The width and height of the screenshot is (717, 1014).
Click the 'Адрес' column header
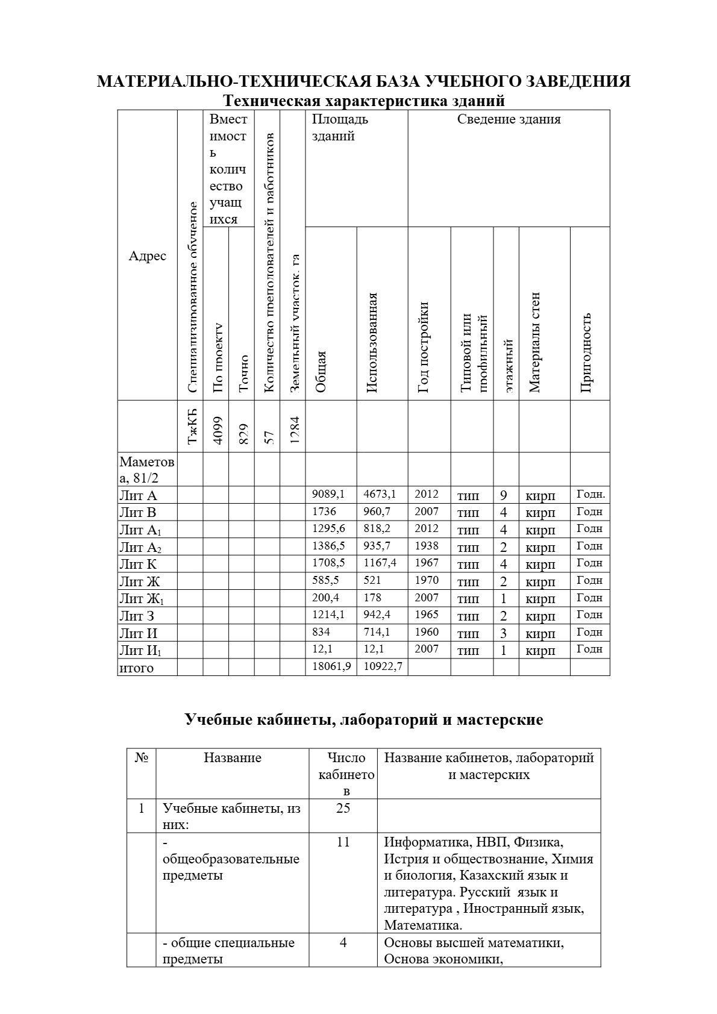click(147, 256)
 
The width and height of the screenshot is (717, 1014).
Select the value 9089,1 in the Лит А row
click(328, 495)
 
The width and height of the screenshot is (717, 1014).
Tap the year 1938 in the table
click(427, 546)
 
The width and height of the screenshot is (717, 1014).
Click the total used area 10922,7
click(382, 666)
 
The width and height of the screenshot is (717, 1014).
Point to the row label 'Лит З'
click(137, 616)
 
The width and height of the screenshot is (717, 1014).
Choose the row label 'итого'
click(136, 668)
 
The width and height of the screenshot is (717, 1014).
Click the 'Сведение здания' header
click(509, 119)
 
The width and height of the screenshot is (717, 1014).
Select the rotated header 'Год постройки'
click(424, 347)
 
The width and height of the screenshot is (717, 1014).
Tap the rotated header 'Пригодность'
click(586, 352)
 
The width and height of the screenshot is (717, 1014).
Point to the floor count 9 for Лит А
click(503, 496)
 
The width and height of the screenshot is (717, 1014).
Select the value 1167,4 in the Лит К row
click(381, 563)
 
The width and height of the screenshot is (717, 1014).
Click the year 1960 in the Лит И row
click(427, 632)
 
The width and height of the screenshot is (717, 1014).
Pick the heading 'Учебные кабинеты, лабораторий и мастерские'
click(363, 719)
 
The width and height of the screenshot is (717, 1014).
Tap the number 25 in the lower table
click(343, 808)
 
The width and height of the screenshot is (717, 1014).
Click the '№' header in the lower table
click(141, 758)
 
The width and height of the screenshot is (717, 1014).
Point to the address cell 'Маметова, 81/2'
click(147, 470)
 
